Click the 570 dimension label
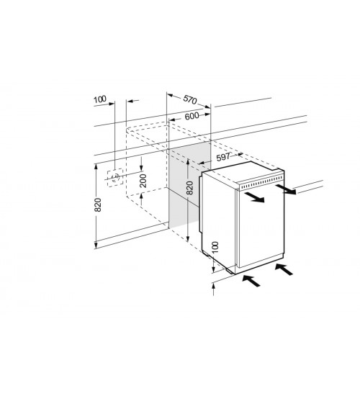point(190,99)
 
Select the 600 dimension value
point(192,117)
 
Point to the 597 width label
point(223,157)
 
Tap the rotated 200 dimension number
point(143,181)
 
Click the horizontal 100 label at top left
point(100,99)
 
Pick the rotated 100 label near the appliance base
point(215,248)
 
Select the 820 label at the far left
point(97,204)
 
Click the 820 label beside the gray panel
point(189,188)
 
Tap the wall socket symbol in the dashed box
point(115,178)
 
